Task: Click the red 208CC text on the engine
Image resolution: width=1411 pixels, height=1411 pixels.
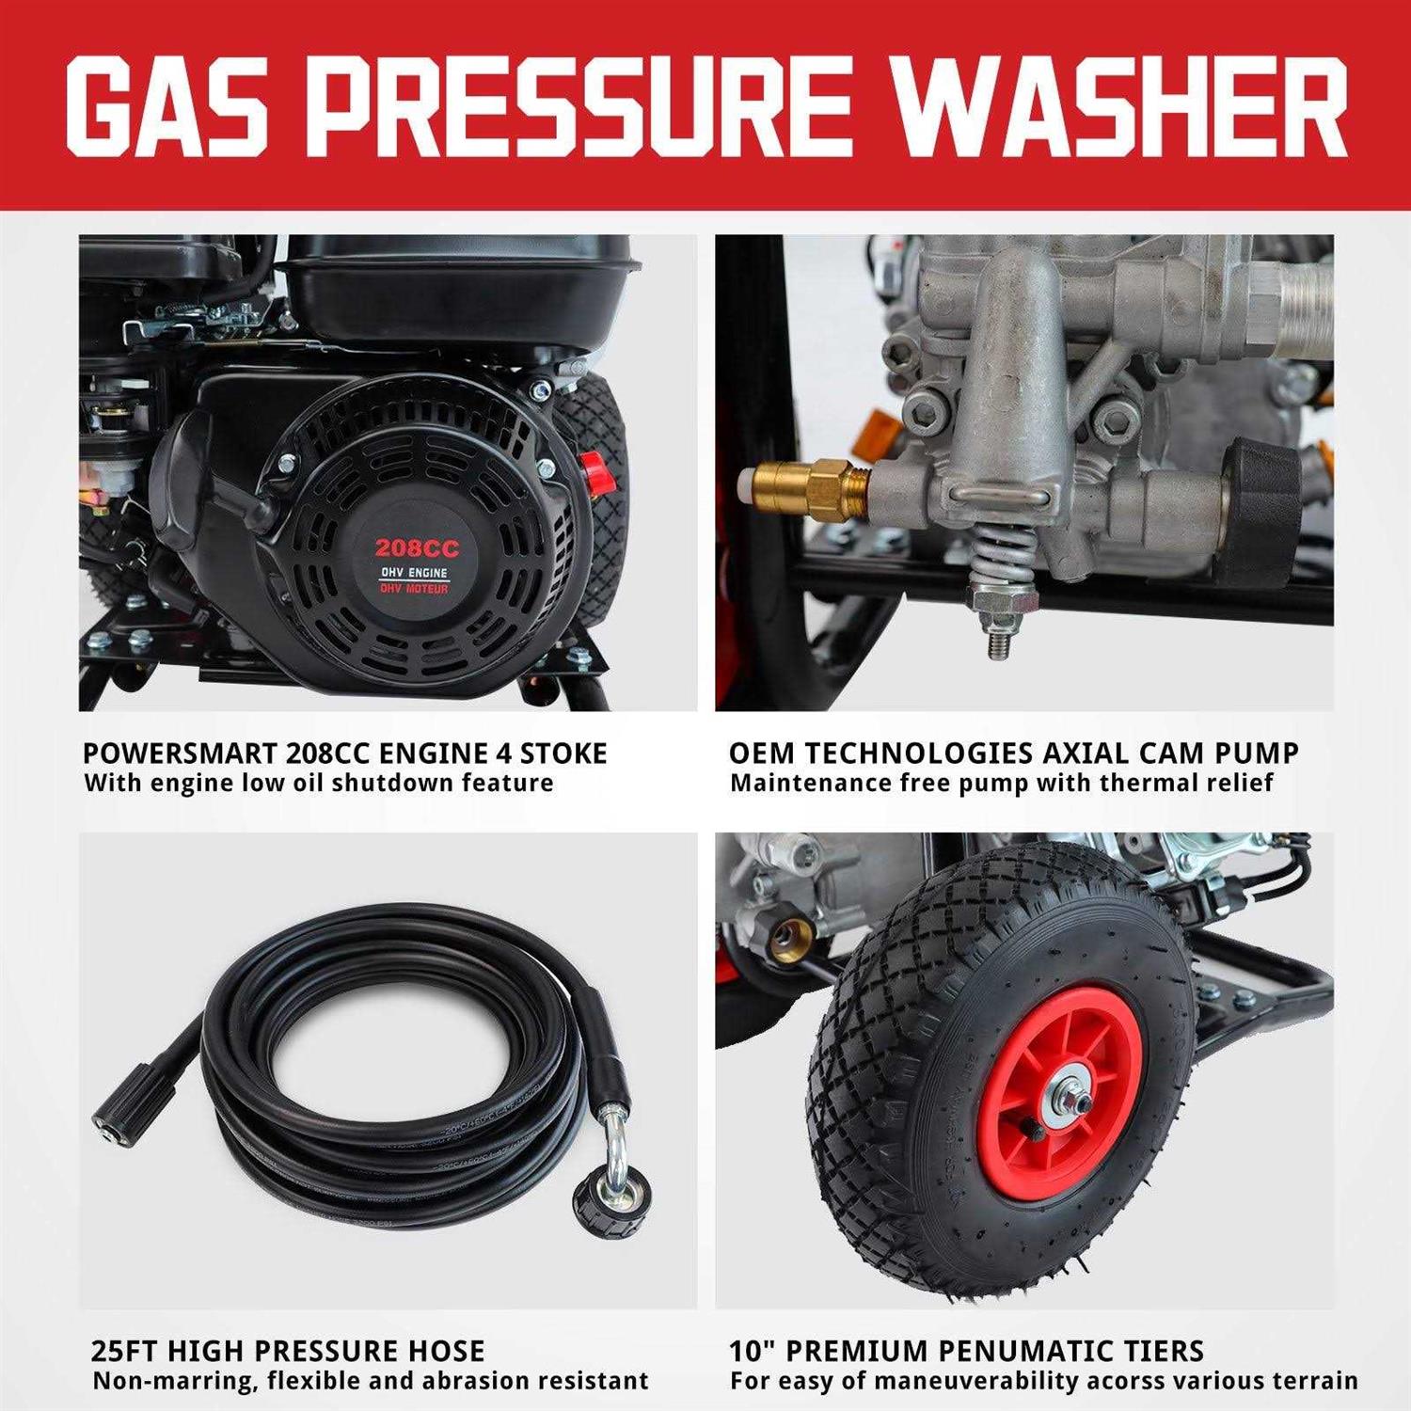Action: pos(416,548)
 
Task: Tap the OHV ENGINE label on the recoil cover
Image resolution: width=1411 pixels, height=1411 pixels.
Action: pos(414,573)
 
